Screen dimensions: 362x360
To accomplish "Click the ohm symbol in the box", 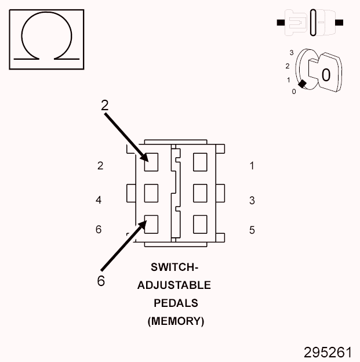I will click(47, 39).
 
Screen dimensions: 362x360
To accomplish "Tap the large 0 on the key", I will click(326, 75).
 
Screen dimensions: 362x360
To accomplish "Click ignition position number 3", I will click(292, 53).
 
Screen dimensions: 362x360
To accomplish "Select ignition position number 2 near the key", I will click(288, 66).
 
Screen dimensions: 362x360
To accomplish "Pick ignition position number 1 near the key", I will click(288, 79).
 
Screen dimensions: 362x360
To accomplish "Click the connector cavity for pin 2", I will click(151, 162).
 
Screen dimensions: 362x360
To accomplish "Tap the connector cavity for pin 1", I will click(201, 162).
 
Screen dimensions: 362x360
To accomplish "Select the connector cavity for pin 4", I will click(151, 193).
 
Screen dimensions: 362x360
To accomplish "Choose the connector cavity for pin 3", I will click(201, 193).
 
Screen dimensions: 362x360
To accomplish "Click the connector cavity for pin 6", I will click(151, 223).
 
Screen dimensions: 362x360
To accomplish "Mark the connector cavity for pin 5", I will click(201, 223).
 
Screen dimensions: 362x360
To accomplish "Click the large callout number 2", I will click(104, 105).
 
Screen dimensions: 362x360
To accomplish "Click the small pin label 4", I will click(99, 201).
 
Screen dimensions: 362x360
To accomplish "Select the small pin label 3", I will click(252, 201).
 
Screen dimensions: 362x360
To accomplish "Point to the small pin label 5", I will click(252, 230).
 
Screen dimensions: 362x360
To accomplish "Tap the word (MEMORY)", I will click(176, 321).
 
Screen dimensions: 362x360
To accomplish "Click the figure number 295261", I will click(328, 352).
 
